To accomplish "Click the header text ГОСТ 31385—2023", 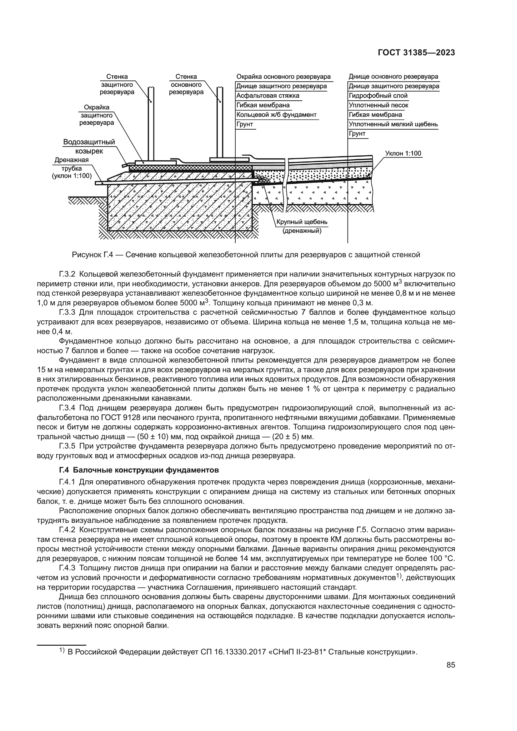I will tap(416, 53).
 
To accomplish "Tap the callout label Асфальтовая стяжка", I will tap(268, 96).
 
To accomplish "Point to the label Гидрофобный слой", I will tap(378, 96).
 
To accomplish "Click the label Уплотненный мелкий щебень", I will tap(393, 124).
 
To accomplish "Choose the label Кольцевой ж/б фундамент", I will tap(276, 115).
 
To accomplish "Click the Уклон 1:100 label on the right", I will tap(403, 153).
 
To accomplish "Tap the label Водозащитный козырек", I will tap(89, 146).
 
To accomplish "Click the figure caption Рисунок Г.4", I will tap(246, 255).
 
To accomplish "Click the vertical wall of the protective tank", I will tap(151, 124).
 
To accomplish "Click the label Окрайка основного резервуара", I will tap(283, 77).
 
